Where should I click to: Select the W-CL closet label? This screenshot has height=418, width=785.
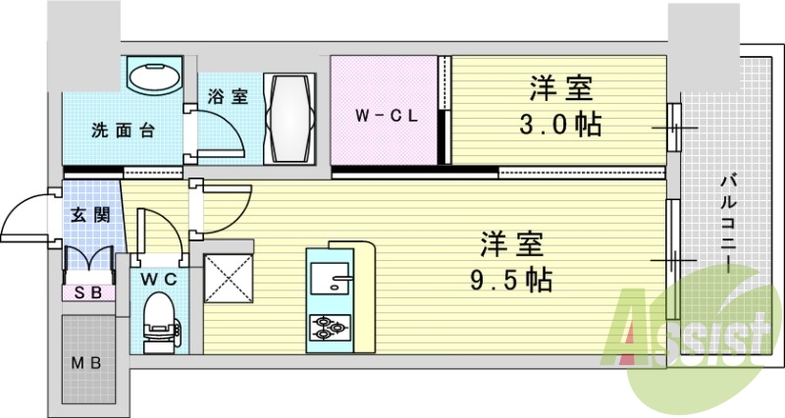(387, 115)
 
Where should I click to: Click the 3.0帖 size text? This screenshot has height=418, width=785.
(561, 126)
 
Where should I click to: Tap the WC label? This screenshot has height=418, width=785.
(159, 279)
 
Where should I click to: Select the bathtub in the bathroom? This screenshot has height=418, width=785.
(290, 119)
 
